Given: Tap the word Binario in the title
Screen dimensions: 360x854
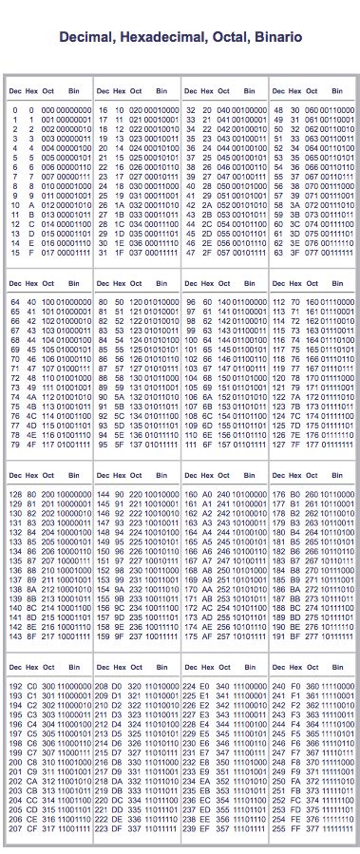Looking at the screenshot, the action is coord(278,37).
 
